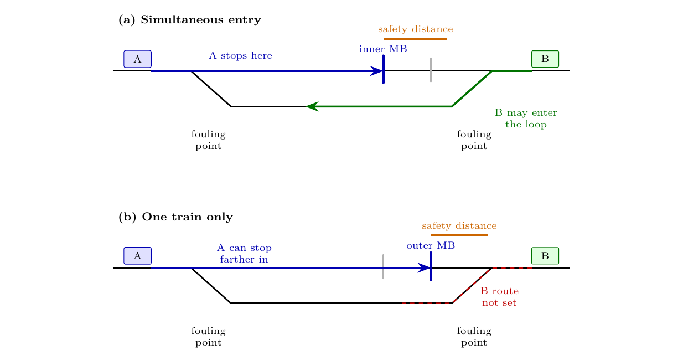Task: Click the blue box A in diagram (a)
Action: pos(137,59)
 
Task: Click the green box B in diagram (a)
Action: pos(545,59)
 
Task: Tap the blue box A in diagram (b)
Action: pos(137,256)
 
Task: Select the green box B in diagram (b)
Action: pos(545,256)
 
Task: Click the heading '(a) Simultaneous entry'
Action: pos(190,20)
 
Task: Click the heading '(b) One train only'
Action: pos(175,217)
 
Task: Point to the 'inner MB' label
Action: pos(383,49)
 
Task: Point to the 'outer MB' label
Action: pos(431,245)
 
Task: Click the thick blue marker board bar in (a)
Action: pos(383,69)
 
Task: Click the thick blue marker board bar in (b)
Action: pos(431,266)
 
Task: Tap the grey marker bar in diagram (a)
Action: pos(431,70)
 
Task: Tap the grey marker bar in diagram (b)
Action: pos(383,266)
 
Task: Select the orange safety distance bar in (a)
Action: pos(415,39)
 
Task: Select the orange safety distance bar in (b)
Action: pos(459,235)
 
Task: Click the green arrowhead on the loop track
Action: pos(312,106)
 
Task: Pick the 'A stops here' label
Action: pos(241,55)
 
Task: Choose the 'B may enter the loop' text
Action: pos(526,119)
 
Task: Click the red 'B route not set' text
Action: pos(499,297)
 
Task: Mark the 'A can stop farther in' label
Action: pos(244,254)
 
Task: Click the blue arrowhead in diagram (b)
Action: pos(424,268)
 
